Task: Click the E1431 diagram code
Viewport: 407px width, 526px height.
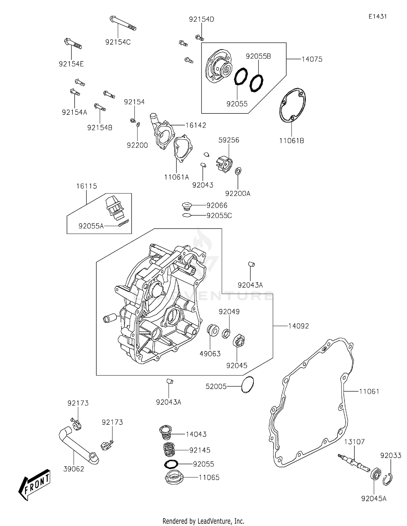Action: click(x=377, y=17)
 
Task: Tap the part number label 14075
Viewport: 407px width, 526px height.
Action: click(x=312, y=59)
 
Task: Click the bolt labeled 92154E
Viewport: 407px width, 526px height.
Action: click(x=73, y=44)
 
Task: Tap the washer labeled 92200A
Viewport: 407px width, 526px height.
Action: click(x=238, y=171)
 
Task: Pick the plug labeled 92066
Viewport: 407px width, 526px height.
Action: click(x=186, y=206)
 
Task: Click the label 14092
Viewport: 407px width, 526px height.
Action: click(x=298, y=326)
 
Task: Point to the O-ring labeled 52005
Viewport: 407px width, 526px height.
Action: click(x=247, y=385)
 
